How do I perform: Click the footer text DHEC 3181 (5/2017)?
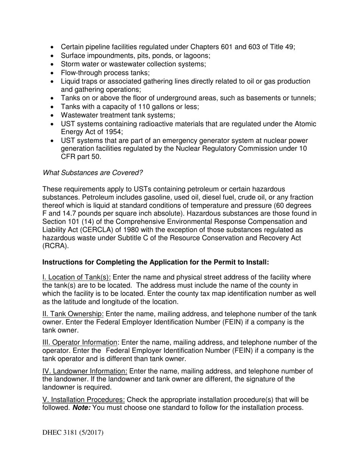pos(73,433)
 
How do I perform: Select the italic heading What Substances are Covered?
pos(92,173)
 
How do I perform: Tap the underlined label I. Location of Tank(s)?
pos(77,277)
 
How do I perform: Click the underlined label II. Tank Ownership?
pos(73,314)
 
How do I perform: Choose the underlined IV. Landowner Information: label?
pos(85,371)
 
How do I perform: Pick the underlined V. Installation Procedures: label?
pos(84,400)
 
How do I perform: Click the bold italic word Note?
pos(81,408)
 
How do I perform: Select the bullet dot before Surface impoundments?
pos(52,56)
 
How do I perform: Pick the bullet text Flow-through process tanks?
pos(105,73)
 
